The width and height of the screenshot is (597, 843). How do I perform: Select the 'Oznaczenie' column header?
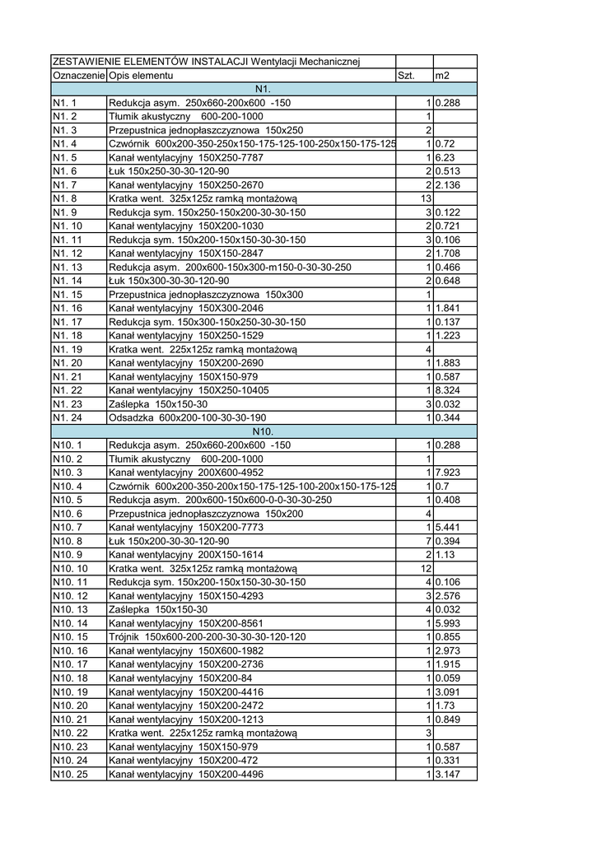[x=78, y=76]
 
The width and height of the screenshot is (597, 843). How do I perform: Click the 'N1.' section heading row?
[x=264, y=89]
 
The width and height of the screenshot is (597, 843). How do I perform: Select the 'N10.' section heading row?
[x=264, y=431]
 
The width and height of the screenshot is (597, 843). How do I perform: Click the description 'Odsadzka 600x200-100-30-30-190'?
[x=189, y=418]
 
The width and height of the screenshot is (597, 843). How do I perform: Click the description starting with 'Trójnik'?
[x=208, y=637]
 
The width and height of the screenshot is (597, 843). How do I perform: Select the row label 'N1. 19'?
[x=67, y=349]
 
